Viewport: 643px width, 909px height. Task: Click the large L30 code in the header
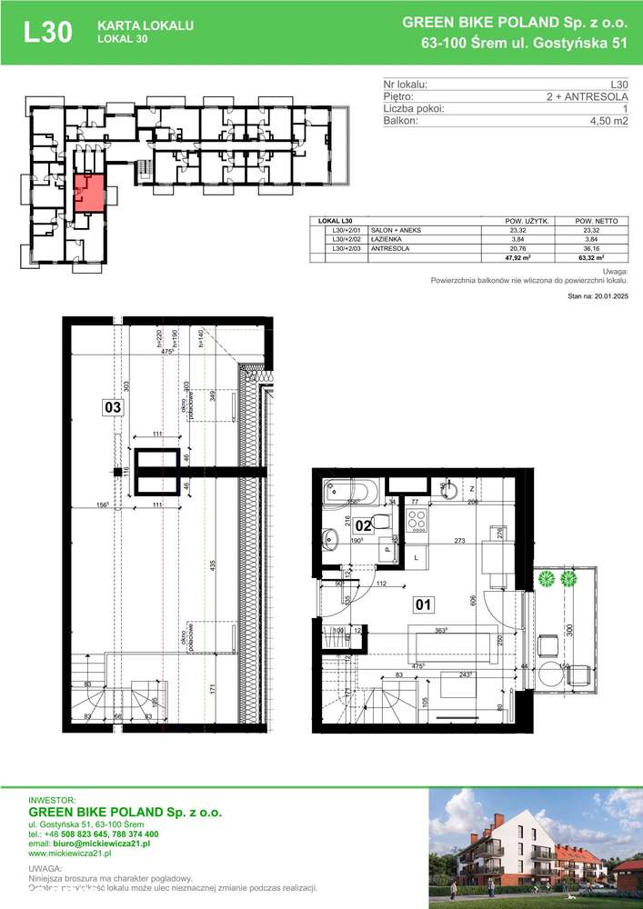(x=48, y=32)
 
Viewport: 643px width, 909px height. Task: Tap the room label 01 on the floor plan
(x=423, y=604)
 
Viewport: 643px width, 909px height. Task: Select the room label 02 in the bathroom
(x=361, y=524)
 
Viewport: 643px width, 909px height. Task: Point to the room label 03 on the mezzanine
(x=113, y=408)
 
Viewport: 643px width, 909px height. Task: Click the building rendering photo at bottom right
(x=536, y=844)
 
